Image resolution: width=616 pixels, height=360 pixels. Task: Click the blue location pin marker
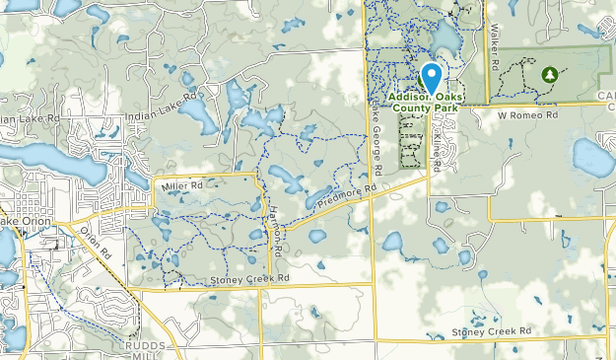(430, 76)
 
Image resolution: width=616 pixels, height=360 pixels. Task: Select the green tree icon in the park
(549, 74)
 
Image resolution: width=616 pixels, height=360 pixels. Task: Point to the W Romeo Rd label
(527, 114)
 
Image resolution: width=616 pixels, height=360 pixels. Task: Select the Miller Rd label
(182, 184)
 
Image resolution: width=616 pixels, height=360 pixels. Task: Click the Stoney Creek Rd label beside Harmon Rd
(249, 280)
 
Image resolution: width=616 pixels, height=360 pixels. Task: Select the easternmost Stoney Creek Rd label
(491, 331)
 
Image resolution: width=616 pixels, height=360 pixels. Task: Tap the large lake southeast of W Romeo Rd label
(591, 156)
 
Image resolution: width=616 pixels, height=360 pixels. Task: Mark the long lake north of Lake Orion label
(49, 158)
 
